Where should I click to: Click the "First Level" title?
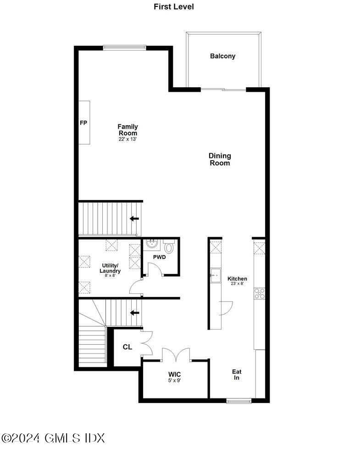174,7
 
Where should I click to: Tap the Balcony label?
222,56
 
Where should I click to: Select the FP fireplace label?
83,123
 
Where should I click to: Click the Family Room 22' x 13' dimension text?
127,139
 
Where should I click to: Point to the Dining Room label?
220,159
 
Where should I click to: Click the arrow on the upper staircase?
134,218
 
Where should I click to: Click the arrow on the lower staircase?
134,313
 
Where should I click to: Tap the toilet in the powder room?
169,247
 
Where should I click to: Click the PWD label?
159,257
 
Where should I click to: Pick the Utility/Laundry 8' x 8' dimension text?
110,275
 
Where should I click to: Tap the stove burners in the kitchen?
260,293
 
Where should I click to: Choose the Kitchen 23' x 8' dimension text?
237,284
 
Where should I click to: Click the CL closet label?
127,347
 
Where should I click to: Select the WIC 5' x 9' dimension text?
175,380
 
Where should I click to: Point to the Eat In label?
237,375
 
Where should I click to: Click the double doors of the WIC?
176,354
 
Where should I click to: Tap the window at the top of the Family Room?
124,47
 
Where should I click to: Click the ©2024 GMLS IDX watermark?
53,438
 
